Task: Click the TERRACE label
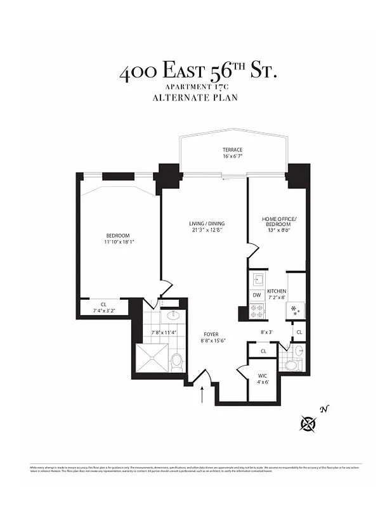(214, 150)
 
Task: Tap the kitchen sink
(258, 279)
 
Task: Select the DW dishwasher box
(257, 295)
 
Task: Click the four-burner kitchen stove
(258, 311)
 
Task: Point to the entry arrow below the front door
(202, 394)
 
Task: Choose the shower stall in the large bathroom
(152, 359)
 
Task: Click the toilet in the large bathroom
(177, 361)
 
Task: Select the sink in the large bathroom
(173, 316)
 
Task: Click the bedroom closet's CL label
(103, 304)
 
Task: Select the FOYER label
(211, 333)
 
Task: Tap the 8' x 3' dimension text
(267, 332)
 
